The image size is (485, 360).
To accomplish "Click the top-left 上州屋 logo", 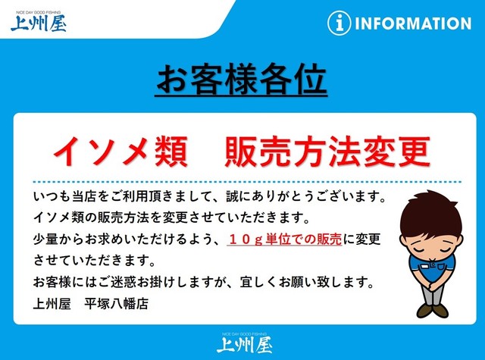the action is pos(39,22).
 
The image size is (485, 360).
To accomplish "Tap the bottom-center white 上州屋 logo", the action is pos(244,343).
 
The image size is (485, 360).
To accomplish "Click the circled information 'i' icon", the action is pos(339,23).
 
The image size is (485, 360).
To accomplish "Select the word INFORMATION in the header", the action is pos(413,23).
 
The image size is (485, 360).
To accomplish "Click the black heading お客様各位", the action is pos(241,79).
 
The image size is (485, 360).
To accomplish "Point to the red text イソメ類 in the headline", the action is pos(120,152).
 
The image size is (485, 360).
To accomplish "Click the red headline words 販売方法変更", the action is pos(327,152).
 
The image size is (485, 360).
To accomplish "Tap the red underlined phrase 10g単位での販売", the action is pos(285,239).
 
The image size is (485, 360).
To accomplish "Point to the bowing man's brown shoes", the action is pos(433,310).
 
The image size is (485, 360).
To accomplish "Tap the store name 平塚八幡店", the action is pos(116,304).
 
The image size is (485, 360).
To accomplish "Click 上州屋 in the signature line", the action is pos(52,304).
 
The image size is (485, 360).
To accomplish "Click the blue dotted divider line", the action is pos(247,182).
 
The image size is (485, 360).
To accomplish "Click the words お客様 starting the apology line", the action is pos(52,282).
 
